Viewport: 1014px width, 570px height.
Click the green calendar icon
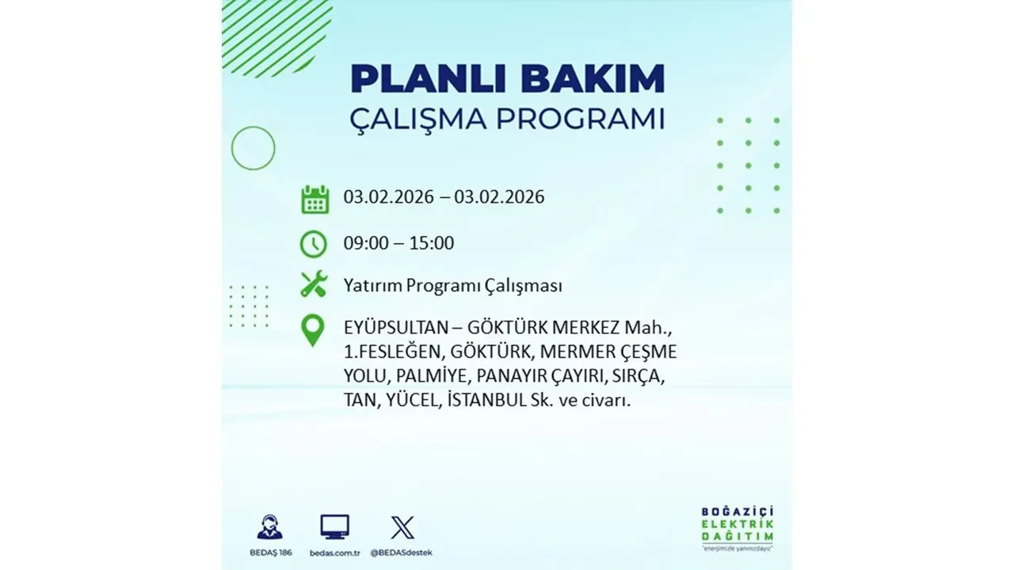coord(314,199)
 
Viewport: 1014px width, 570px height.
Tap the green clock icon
coord(314,244)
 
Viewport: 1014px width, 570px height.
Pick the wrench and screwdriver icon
coord(314,284)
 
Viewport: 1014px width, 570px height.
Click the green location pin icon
coord(314,331)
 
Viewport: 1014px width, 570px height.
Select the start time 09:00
coord(366,243)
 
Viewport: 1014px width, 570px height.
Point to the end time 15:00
coord(431,243)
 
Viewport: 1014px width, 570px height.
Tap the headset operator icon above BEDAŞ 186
coord(269,527)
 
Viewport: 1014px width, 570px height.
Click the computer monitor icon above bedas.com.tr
coord(334,526)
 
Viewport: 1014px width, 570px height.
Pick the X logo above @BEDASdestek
coord(402,527)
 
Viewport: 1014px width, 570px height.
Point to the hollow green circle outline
coord(253,148)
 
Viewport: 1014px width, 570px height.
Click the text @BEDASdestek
coord(402,552)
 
